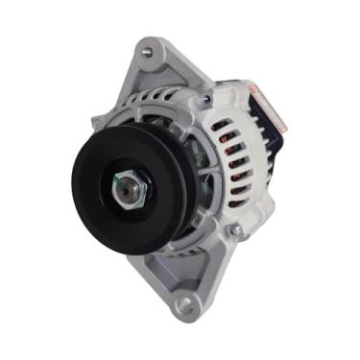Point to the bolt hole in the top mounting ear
[146, 52]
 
